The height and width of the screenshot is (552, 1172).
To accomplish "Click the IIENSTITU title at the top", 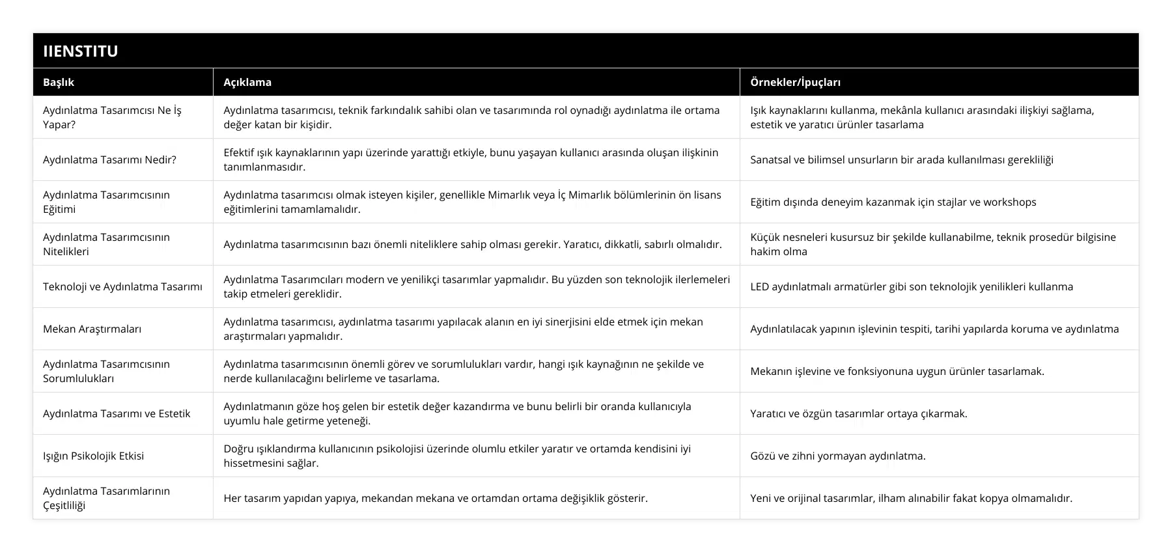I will pyautogui.click(x=80, y=51).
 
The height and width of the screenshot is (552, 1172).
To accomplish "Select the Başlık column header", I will pyautogui.click(x=59, y=82).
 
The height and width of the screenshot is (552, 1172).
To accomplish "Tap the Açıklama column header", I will pyautogui.click(x=247, y=82).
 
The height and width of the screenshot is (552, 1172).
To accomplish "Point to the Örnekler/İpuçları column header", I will pyautogui.click(x=795, y=82).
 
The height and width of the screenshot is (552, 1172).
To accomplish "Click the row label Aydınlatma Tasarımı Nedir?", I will pyautogui.click(x=109, y=159).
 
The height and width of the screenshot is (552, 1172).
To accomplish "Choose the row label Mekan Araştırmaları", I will pyautogui.click(x=92, y=329).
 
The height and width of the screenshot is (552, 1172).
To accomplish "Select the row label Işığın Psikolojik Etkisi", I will pyautogui.click(x=93, y=456).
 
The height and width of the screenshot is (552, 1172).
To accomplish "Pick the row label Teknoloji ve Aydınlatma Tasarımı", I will pyautogui.click(x=122, y=286).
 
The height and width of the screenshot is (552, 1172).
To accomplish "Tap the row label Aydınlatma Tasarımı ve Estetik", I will pyautogui.click(x=117, y=413).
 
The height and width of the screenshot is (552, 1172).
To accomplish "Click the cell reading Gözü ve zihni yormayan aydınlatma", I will pyautogui.click(x=837, y=456).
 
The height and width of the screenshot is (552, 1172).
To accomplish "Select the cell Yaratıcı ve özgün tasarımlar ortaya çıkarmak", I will pyautogui.click(x=858, y=413).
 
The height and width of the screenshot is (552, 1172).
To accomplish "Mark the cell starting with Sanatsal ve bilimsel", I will pyautogui.click(x=901, y=159).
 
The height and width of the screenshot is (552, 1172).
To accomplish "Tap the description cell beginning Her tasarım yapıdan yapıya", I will pyautogui.click(x=435, y=498).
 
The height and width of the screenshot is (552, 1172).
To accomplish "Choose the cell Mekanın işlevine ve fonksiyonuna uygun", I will pyautogui.click(x=897, y=371).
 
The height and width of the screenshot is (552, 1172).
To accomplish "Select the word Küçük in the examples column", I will pyautogui.click(x=764, y=237).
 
